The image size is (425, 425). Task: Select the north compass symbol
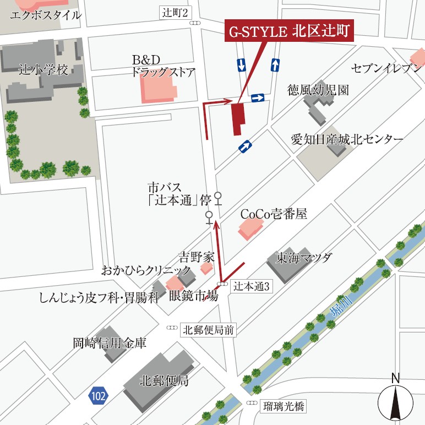coord(395,399)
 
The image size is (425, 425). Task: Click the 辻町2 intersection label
coord(176,12)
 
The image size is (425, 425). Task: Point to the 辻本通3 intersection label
coord(251,286)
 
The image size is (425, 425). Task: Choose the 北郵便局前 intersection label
coord(209,330)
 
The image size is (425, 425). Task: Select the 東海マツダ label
coord(304,257)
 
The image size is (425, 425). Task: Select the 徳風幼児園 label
coord(318,90)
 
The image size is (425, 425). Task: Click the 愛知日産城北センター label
coord(347,139)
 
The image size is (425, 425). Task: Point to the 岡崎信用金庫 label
coord(110,344)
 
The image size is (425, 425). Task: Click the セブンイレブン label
coord(387,68)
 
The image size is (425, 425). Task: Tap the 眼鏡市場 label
coord(193,295)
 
